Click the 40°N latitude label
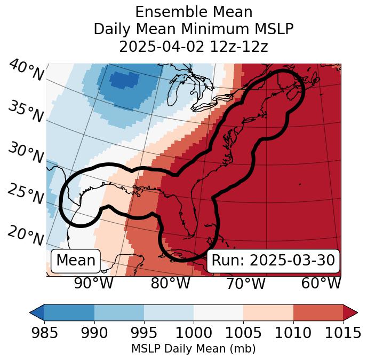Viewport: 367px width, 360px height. pos(26,71)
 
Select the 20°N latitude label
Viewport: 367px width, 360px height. pos(25,235)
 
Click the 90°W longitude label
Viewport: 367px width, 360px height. pos(93,283)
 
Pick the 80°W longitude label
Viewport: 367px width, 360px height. pos(171,283)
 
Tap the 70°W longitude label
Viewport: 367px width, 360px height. pos(246,283)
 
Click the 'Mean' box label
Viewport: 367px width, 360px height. pos(76,261)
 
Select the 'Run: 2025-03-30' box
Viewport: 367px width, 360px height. pos(273,261)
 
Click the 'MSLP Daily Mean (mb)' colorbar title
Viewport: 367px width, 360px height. pos(193,349)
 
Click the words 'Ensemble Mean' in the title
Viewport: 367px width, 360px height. pos(193,12)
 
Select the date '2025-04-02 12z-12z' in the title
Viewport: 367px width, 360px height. pos(193,46)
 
